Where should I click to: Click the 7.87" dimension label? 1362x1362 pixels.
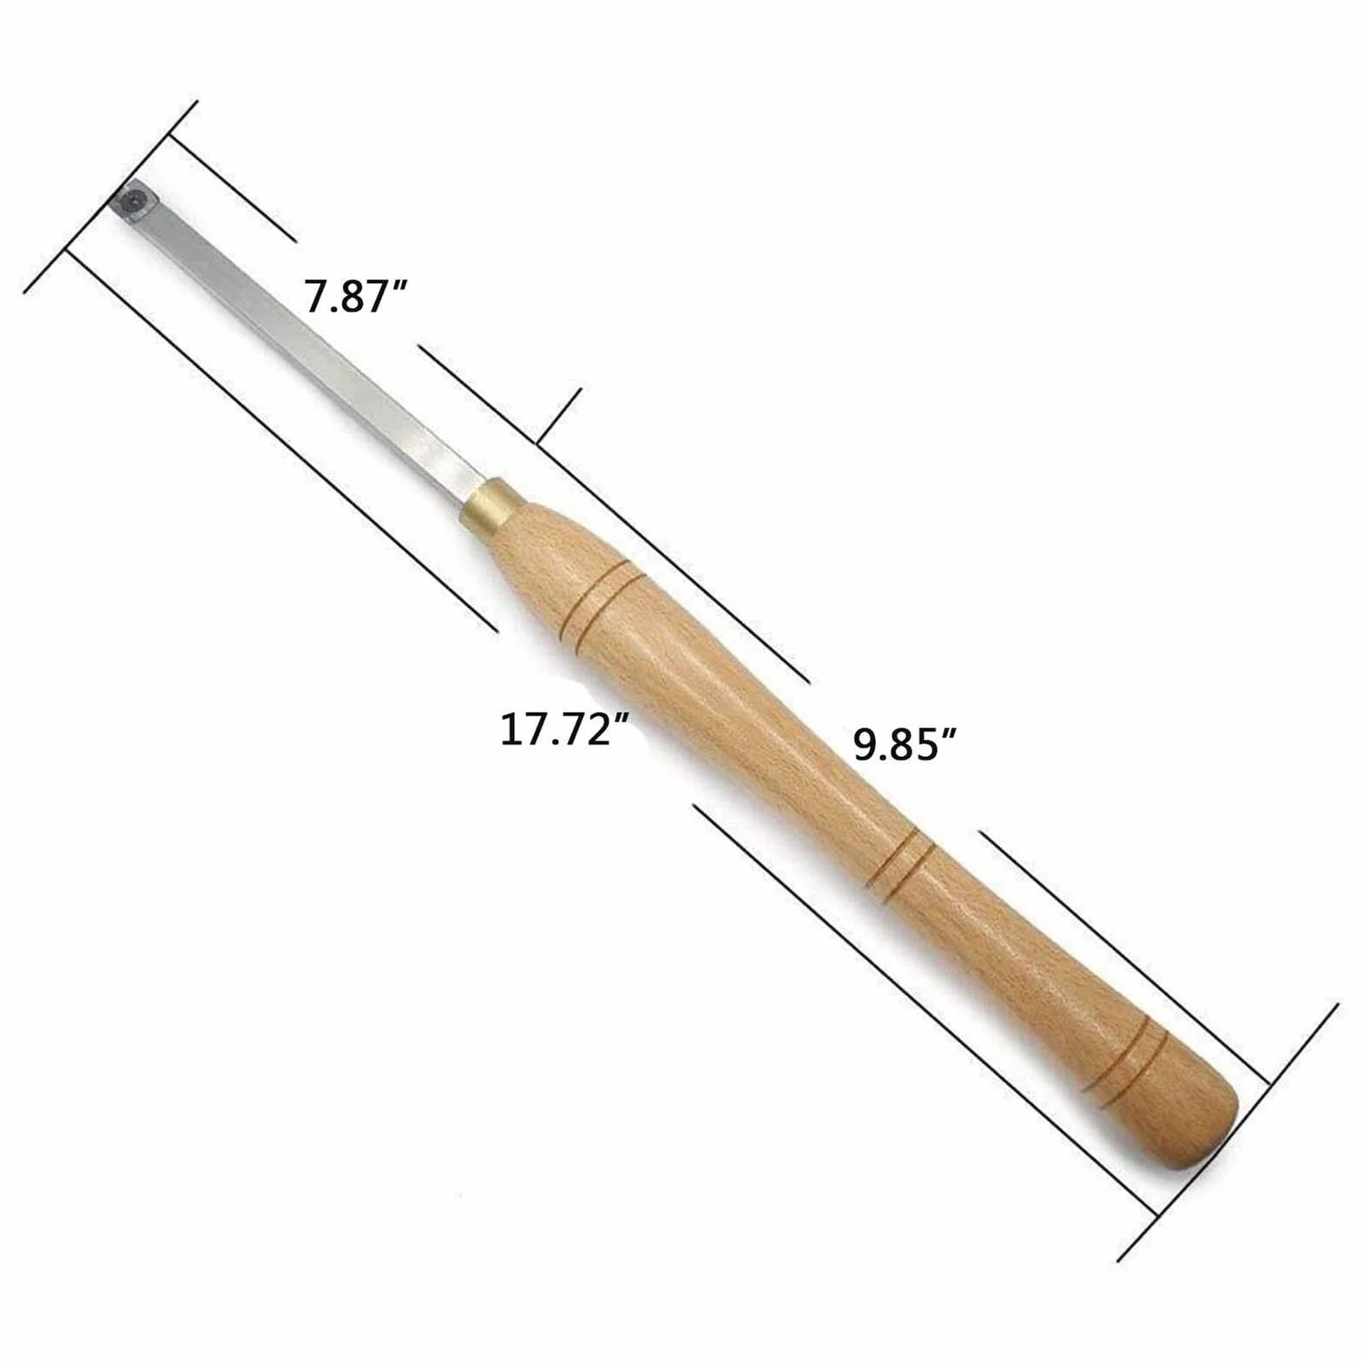click(x=356, y=296)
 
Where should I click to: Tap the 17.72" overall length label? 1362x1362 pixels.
click(x=563, y=729)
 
